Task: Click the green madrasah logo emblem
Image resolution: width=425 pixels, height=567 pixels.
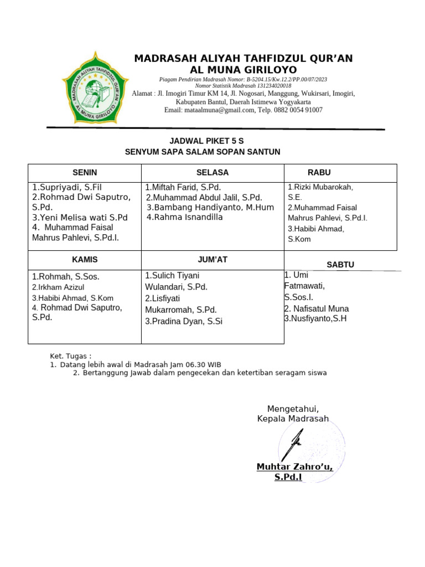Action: pyautogui.click(x=91, y=87)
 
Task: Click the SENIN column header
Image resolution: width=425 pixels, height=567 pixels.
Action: pyautogui.click(x=85, y=173)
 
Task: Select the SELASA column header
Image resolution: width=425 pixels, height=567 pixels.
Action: pyautogui.click(x=212, y=173)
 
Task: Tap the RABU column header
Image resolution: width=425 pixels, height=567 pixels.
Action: pyautogui.click(x=319, y=173)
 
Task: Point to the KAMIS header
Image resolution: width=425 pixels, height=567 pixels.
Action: pyautogui.click(x=85, y=259)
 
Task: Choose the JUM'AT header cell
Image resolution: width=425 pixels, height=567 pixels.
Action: pyautogui.click(x=212, y=259)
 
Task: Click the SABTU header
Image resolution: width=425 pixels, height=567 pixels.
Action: pyautogui.click(x=340, y=265)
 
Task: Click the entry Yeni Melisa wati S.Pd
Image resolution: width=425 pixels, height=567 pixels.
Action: pyautogui.click(x=80, y=218)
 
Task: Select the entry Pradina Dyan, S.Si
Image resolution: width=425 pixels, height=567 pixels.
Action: pyautogui.click(x=184, y=321)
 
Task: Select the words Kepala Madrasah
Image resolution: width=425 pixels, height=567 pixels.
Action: pyautogui.click(x=293, y=419)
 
